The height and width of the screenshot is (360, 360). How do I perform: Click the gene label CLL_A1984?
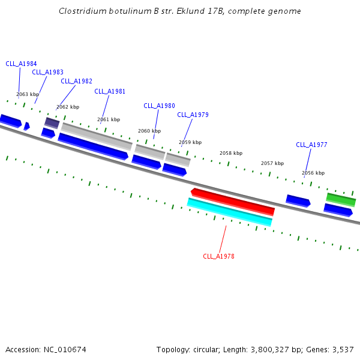[21, 64]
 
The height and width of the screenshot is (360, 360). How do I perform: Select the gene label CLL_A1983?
[47, 73]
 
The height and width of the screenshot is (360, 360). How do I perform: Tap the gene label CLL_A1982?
[76, 82]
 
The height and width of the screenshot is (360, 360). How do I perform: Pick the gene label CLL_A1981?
[110, 92]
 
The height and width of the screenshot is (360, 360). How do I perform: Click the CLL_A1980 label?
[159, 106]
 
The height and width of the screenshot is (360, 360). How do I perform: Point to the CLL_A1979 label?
[193, 115]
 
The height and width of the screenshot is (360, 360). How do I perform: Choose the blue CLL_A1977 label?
[311, 145]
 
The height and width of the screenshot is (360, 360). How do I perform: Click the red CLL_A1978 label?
[218, 257]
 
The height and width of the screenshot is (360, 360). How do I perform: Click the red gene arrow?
[233, 202]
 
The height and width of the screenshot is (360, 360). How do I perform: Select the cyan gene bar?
[230, 212]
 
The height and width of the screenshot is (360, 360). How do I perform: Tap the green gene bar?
[341, 199]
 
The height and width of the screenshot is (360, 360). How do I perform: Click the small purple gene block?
[52, 123]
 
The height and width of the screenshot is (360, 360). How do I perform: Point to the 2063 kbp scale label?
[28, 95]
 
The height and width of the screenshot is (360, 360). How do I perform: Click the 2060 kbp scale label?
[149, 131]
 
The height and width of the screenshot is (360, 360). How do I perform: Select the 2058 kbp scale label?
[231, 154]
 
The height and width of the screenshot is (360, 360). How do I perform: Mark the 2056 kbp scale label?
[313, 173]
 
